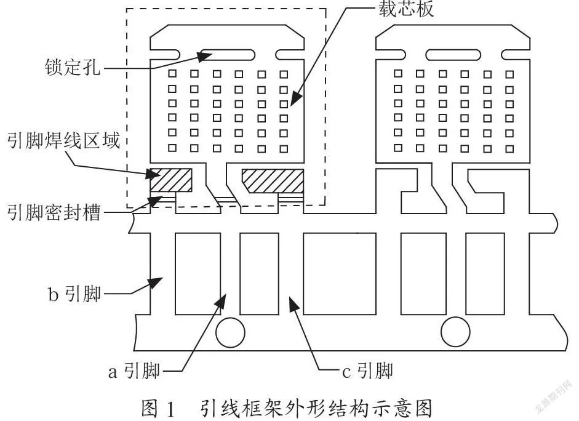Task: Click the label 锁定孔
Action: coord(73,68)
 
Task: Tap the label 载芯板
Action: coord(406,9)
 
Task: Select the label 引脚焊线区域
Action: coord(64,141)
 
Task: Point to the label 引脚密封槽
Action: coord(54,212)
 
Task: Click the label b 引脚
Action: coord(74,294)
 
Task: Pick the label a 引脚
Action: coord(134,371)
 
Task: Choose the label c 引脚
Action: coord(367,371)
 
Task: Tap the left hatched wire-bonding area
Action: coord(171,180)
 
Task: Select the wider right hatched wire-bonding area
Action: coord(273,181)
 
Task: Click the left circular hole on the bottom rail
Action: coord(230,332)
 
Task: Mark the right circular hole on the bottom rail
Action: coord(456,332)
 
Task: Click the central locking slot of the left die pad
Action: coord(228,55)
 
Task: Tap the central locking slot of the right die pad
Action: coord(453,55)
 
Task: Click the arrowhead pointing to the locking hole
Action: coord(204,57)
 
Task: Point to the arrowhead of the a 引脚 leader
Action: coord(220,300)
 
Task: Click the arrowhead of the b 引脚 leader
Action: coord(156,283)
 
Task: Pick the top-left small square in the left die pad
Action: coord(172,73)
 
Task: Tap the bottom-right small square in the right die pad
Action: coord(509,149)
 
